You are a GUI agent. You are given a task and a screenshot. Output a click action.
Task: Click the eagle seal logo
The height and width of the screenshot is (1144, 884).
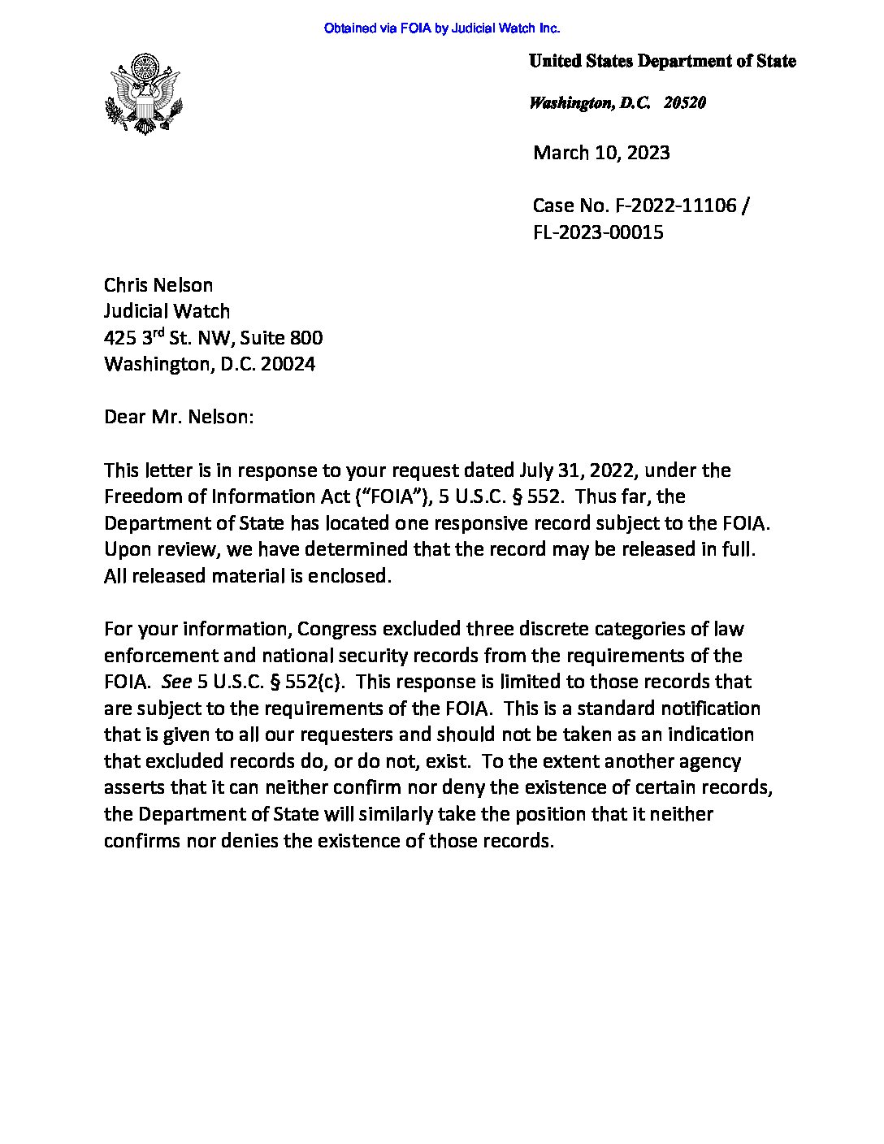click(x=143, y=93)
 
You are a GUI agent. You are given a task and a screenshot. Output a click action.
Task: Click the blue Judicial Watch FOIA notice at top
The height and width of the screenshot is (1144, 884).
click(x=442, y=28)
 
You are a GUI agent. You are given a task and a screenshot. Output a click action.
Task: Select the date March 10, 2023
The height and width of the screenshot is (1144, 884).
click(x=601, y=153)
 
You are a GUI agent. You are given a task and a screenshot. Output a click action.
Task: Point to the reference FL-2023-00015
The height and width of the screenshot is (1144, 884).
click(x=598, y=232)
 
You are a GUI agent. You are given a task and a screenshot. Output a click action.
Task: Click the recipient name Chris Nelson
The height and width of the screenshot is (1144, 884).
click(x=158, y=285)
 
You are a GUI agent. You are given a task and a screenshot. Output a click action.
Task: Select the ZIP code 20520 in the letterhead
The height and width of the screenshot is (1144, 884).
click(x=684, y=102)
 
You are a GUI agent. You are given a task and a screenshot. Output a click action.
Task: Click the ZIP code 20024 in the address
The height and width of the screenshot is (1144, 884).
click(x=288, y=364)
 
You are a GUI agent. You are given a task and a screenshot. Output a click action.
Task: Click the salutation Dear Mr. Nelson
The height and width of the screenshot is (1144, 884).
click(x=179, y=417)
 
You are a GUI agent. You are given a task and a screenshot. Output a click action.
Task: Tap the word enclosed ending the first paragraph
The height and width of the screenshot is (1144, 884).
click(x=352, y=576)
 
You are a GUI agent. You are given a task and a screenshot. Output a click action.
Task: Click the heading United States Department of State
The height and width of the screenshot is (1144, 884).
click(x=661, y=61)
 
